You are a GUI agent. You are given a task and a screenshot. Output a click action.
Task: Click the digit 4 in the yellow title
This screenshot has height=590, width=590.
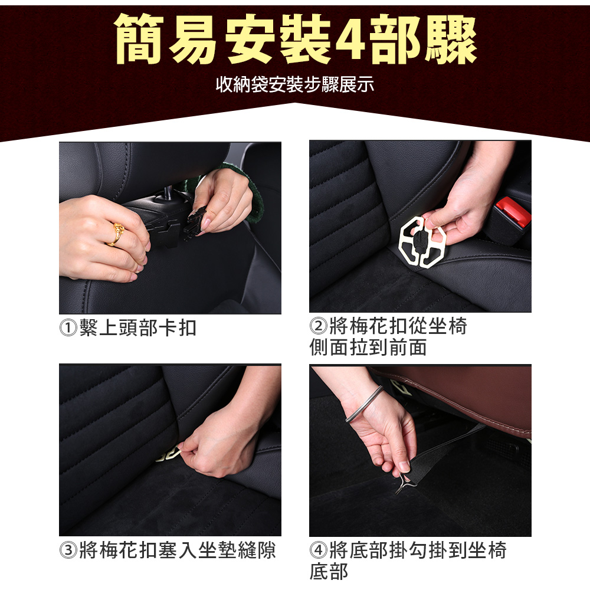tap(349, 40)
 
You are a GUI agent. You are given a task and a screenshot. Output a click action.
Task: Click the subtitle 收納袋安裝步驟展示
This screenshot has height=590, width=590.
tap(295, 84)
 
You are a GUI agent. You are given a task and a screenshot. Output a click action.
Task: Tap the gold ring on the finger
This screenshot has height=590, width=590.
tap(117, 234)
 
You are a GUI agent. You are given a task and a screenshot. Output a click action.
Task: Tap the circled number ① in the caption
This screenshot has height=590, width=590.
tap(68, 327)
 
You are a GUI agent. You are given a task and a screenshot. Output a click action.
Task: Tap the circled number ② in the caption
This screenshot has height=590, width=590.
tap(319, 326)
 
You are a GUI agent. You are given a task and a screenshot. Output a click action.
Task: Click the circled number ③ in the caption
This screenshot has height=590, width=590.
tap(68, 550)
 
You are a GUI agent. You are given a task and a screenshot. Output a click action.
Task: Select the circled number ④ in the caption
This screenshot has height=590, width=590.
tap(319, 550)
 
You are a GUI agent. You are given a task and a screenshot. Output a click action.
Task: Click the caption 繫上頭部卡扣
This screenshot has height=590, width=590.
tap(138, 327)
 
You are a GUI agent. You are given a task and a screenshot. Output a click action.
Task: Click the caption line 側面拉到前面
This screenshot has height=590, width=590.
tap(368, 347)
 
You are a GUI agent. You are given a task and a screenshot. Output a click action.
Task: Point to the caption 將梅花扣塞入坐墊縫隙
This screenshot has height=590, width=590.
tap(178, 550)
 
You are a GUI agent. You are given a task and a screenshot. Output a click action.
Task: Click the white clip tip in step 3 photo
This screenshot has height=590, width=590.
tap(169, 455)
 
